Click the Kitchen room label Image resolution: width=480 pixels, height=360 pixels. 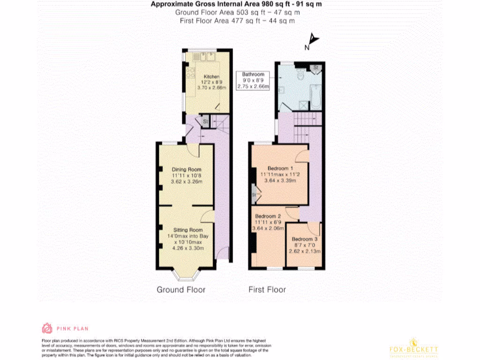(x=211, y=76)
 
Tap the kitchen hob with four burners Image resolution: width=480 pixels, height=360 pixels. (x=191, y=73)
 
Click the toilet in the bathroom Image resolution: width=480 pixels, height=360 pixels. (x=300, y=74)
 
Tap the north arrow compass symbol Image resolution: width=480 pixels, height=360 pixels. (x=312, y=42)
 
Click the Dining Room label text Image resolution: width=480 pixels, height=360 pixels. (x=186, y=169)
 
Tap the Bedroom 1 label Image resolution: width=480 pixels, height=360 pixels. (x=280, y=168)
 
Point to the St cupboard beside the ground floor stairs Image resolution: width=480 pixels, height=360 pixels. (x=204, y=122)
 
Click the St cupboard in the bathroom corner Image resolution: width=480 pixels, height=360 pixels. (x=316, y=68)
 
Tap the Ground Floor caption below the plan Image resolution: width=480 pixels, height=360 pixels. (x=181, y=290)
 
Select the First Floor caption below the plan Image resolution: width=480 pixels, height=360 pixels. (x=267, y=290)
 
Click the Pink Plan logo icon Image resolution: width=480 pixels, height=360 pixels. (x=47, y=328)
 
